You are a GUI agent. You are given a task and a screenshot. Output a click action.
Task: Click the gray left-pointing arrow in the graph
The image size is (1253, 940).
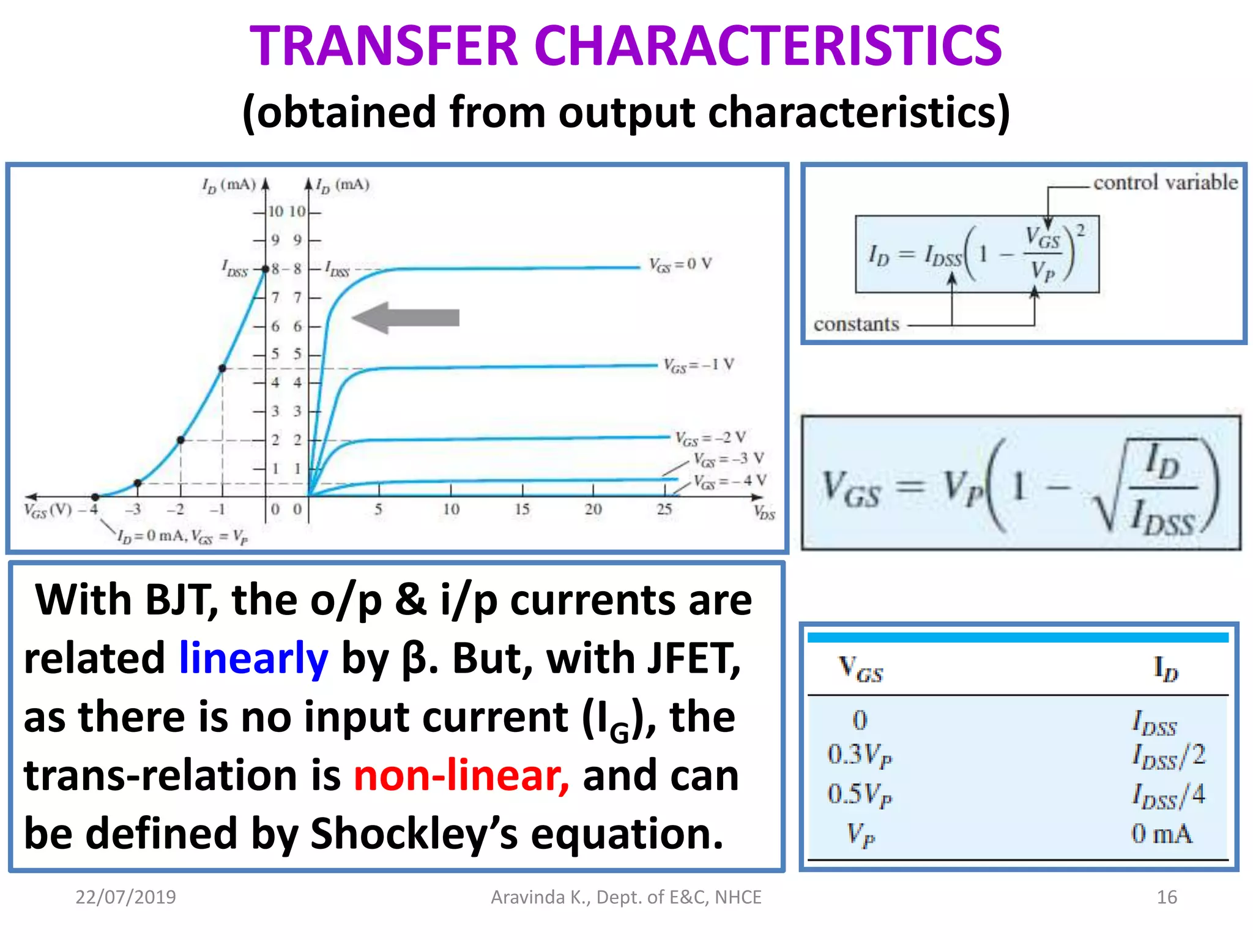coord(406,318)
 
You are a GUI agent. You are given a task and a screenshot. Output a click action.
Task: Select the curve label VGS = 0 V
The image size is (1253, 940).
coord(680,264)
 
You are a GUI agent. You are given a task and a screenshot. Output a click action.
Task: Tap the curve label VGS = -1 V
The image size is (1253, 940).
coord(698,365)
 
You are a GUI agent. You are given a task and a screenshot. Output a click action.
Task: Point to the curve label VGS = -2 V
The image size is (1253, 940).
coord(710,438)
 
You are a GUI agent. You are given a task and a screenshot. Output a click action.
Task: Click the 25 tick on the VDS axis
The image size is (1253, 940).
coord(664,509)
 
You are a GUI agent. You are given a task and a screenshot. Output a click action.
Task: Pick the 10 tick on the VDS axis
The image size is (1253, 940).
coord(451,509)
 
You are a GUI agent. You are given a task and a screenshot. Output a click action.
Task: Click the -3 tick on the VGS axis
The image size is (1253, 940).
coord(133,509)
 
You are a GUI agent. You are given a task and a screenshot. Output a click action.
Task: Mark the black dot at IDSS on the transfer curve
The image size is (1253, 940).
coord(266,269)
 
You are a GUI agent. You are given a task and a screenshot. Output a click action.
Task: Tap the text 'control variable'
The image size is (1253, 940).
coord(1165,182)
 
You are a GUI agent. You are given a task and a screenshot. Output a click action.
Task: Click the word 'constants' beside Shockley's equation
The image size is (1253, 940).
coord(856,324)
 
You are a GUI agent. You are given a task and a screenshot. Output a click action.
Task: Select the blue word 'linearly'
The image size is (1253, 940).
coord(253,658)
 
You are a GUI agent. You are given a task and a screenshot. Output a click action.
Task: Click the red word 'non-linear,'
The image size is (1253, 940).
coord(461,775)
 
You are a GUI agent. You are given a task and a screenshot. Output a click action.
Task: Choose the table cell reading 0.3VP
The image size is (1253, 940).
coord(860,755)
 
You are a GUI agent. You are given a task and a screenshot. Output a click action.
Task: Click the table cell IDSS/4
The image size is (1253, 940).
coord(1168,795)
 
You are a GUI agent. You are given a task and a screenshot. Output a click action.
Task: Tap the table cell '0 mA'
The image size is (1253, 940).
coord(1161,834)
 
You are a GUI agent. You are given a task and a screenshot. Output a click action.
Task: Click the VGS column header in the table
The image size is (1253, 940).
coord(860,668)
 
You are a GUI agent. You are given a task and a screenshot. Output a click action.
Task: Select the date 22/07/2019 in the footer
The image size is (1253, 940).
coord(125,897)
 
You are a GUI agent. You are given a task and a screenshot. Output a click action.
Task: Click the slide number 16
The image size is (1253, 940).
coord(1166,897)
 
